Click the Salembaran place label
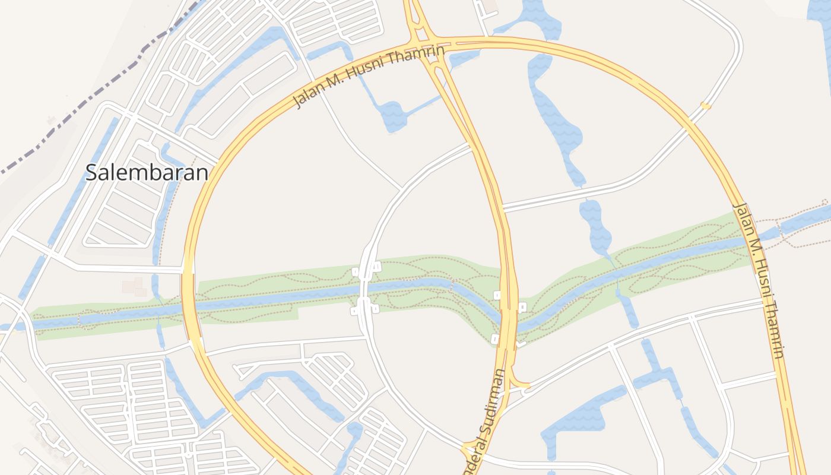147,172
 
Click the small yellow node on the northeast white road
705,106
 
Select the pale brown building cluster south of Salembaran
134,286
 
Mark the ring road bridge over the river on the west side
188,303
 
